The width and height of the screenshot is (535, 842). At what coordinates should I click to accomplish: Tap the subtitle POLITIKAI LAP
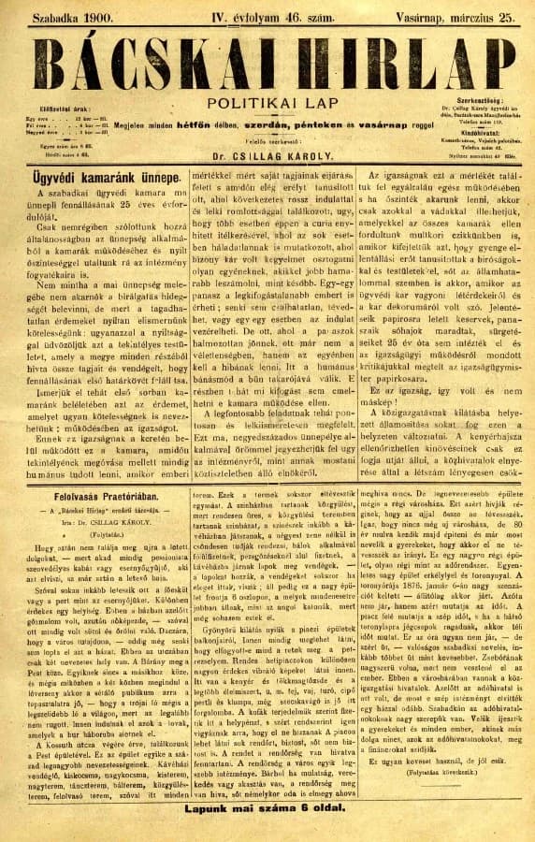point(267,105)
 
